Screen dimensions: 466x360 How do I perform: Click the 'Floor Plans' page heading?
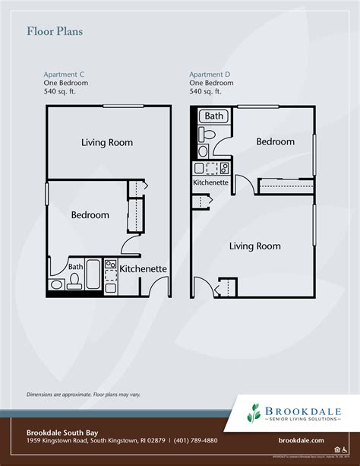55,31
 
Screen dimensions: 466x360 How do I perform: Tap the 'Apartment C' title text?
64,74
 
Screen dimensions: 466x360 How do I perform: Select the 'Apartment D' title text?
210,74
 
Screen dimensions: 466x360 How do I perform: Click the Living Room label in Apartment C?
107,142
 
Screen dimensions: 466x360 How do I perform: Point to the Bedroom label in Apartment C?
90,215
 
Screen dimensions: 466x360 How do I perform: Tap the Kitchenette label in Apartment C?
144,268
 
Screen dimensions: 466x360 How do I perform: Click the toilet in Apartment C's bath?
74,283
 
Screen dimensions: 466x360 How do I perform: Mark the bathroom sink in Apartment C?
56,286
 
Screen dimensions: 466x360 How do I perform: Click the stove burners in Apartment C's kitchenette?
111,267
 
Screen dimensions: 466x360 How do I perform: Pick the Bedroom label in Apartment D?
275,141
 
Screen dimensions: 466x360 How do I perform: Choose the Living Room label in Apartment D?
255,246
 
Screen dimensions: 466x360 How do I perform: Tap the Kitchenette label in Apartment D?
211,182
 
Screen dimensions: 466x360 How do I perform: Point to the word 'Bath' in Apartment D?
214,116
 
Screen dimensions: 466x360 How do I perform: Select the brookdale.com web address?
302,440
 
